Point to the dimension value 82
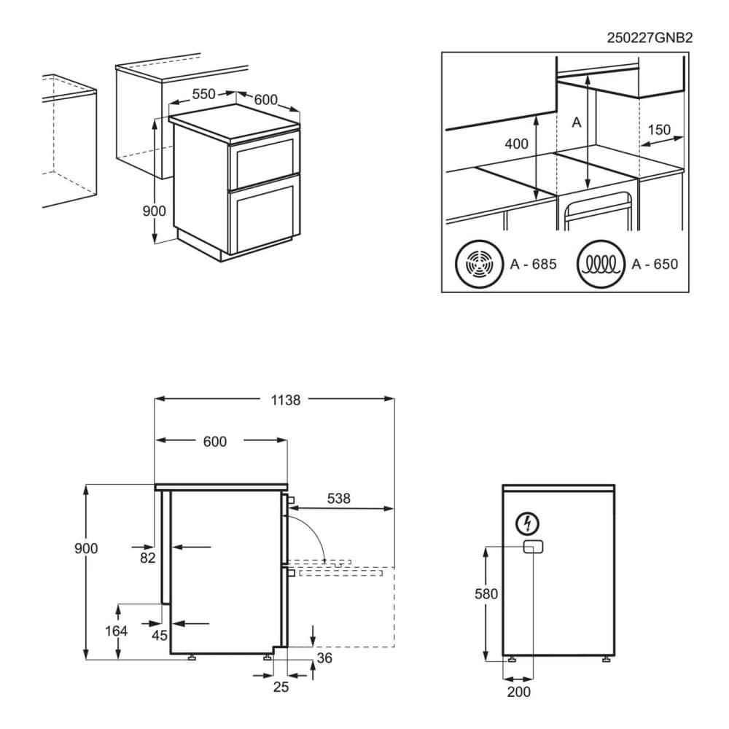(148, 558)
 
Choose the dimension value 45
(160, 635)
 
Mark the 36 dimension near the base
(325, 659)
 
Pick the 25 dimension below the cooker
(281, 686)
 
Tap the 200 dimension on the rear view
(518, 691)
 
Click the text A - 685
(533, 264)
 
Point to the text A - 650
(655, 264)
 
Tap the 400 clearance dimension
(516, 144)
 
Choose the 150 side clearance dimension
(658, 130)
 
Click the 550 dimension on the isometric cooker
(203, 94)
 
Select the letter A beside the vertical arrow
(576, 122)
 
